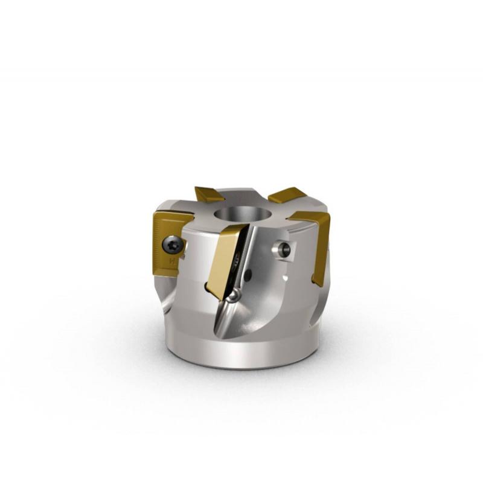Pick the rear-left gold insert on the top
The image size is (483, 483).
(209, 195)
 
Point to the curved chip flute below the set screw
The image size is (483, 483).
(272, 302)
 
